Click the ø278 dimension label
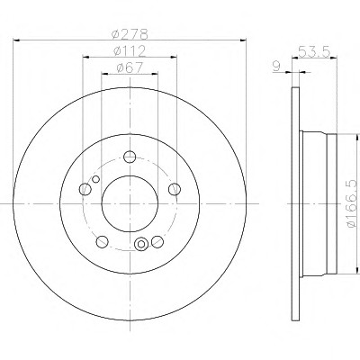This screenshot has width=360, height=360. pyautogui.click(x=130, y=34)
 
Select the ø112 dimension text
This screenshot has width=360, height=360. pyautogui.click(x=130, y=51)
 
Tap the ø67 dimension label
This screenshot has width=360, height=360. pyautogui.click(x=130, y=67)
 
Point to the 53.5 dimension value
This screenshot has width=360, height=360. pyautogui.click(x=314, y=52)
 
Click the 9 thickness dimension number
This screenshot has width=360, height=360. pyautogui.click(x=276, y=67)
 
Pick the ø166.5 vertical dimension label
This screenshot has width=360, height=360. pyautogui.click(x=353, y=203)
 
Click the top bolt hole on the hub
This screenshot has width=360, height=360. pyautogui.click(x=130, y=157)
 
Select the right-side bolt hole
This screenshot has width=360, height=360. pyautogui.click(x=175, y=189)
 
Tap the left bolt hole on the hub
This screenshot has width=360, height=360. pyautogui.click(x=85, y=189)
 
